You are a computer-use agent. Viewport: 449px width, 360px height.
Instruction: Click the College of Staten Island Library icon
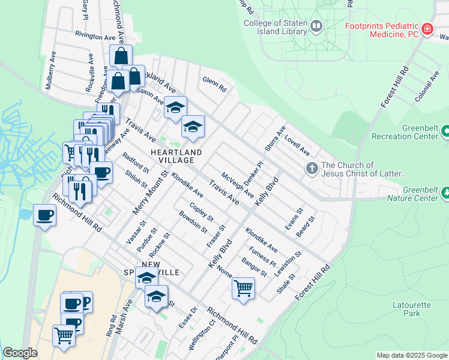click(316, 26)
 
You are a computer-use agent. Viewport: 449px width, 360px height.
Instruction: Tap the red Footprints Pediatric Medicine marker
click(427, 29)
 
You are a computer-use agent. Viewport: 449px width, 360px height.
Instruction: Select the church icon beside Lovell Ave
click(312, 169)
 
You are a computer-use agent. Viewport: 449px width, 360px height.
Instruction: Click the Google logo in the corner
click(20, 353)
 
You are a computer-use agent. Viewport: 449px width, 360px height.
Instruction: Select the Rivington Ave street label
click(95, 37)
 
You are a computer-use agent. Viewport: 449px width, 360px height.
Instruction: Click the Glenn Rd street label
click(214, 84)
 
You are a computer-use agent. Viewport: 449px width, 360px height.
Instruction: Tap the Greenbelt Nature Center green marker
click(445, 193)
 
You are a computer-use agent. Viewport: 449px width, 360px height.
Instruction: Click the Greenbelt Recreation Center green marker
click(445, 130)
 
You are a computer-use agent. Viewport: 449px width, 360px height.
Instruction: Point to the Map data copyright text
click(411, 355)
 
